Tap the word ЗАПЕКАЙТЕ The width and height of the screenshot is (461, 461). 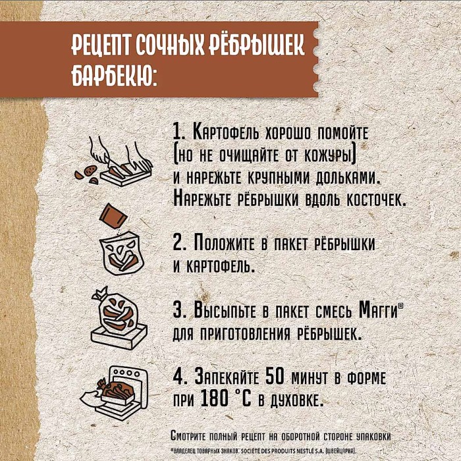coord(226,378)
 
